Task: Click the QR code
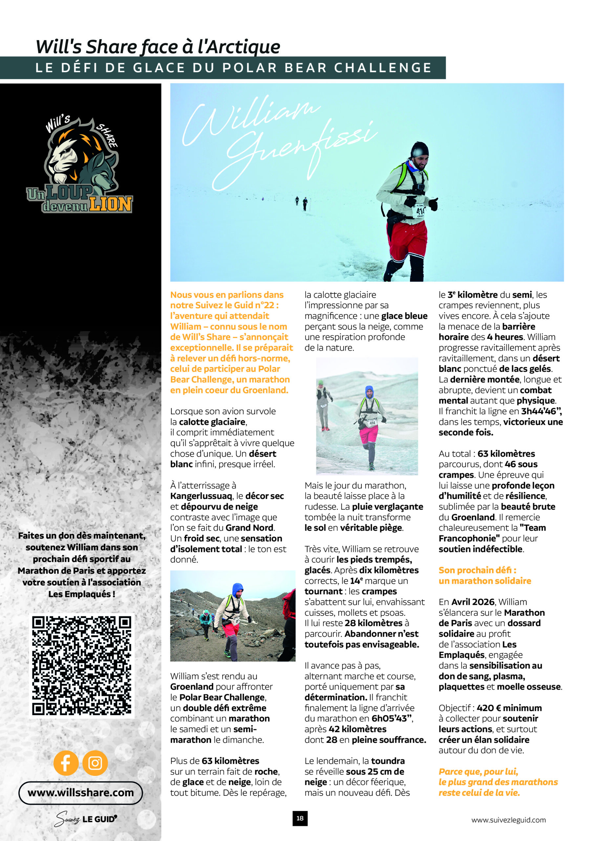coord(82,665)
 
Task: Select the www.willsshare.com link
coord(80,793)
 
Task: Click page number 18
coord(300,818)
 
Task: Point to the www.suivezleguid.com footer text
coord(508,820)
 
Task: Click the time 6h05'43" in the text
coord(392,718)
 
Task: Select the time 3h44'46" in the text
coord(541,411)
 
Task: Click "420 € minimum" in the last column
coord(509,708)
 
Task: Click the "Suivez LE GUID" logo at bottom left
coord(86,819)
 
